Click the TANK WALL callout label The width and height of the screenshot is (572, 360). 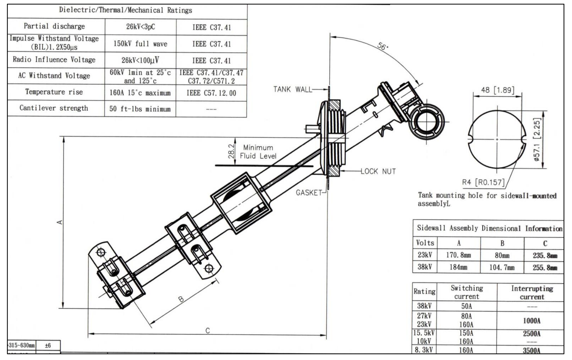click(x=292, y=89)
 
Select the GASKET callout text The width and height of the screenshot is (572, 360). click(x=309, y=192)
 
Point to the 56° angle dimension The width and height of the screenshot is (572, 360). click(x=382, y=46)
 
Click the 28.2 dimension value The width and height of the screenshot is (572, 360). click(x=231, y=151)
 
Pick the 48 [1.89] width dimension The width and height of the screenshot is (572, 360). click(x=497, y=90)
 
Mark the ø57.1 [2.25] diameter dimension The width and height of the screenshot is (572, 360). click(x=537, y=139)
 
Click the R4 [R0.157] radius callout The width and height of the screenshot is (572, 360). click(x=483, y=182)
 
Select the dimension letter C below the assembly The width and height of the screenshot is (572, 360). click(x=208, y=331)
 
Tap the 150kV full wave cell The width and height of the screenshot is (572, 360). click(x=140, y=44)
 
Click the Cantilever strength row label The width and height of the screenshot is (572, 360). click(x=54, y=108)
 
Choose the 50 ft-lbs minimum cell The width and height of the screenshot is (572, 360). click(x=140, y=109)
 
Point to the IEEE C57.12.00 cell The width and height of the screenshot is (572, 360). click(x=211, y=93)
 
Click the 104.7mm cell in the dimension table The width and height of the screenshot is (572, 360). click(x=502, y=268)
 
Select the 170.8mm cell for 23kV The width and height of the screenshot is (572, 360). click(x=458, y=255)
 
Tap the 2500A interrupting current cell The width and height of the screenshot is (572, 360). click(x=532, y=334)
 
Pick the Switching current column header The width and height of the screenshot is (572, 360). click(x=467, y=292)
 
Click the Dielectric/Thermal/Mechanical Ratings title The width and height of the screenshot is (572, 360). click(x=125, y=10)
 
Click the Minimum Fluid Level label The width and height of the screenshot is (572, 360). click(x=258, y=152)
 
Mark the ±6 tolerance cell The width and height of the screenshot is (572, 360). click(x=48, y=345)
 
